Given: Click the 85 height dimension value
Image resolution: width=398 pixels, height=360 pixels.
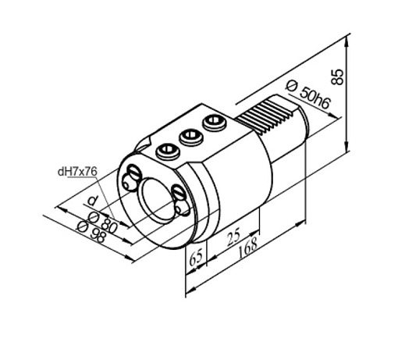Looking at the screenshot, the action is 338,77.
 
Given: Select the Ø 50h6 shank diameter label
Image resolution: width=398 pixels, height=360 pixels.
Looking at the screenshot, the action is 308,95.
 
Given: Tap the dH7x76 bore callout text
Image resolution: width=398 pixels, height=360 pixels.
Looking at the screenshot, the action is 77,172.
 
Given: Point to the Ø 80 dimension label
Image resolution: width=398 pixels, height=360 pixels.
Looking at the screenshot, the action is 103,222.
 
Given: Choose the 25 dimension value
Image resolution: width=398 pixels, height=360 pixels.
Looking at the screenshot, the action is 233,237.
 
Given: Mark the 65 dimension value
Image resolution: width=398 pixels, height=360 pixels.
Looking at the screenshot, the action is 197,258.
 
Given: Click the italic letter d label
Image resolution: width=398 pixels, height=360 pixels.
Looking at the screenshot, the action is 93,201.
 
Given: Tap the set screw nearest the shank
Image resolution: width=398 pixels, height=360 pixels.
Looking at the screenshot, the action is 215,123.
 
